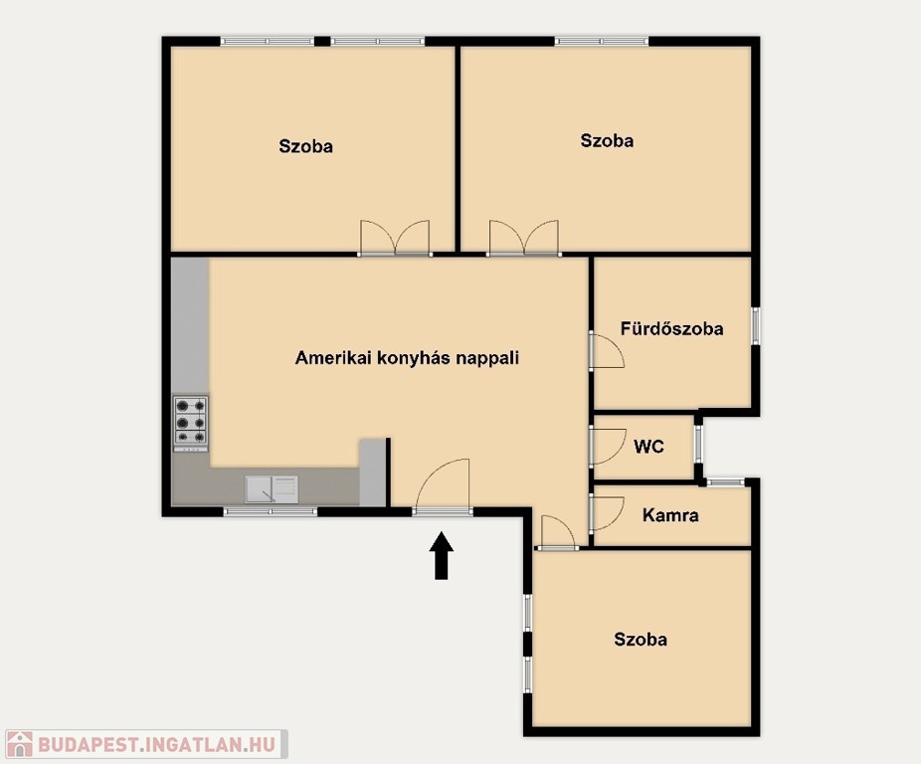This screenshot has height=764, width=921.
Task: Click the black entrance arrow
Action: click(x=442, y=555)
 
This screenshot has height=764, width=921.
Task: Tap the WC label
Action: click(x=649, y=447)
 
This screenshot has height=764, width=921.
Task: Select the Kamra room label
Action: click(x=670, y=515)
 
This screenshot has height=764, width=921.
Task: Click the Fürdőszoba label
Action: click(x=672, y=328)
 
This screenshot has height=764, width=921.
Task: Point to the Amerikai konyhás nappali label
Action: click(x=407, y=358)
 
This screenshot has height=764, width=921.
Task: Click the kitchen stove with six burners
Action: click(x=191, y=422)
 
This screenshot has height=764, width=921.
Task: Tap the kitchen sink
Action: click(x=272, y=489)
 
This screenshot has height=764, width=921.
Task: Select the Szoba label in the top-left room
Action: click(x=306, y=146)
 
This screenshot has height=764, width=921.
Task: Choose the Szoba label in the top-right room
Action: click(x=607, y=141)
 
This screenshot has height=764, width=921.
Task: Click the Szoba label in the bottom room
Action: click(x=641, y=639)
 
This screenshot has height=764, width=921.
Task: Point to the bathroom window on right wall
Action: click(x=756, y=325)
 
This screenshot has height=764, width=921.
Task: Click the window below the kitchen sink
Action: click(x=271, y=512)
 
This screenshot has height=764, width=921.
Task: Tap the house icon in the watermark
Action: click(x=19, y=744)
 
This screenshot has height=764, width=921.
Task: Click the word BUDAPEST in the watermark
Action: click(x=88, y=745)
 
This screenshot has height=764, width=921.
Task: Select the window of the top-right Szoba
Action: click(x=602, y=41)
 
